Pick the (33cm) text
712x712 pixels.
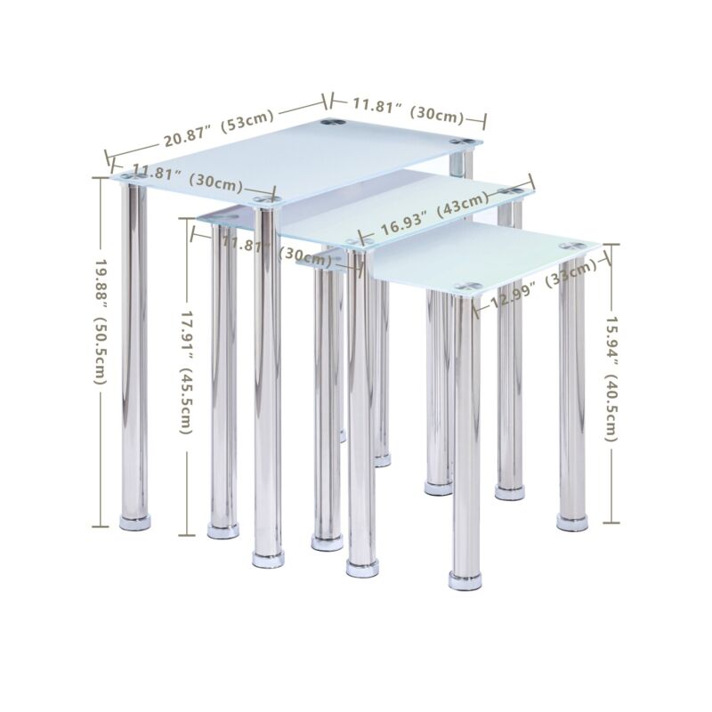pyautogui.click(x=571, y=272)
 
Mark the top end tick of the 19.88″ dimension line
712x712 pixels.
pyautogui.click(x=101, y=177)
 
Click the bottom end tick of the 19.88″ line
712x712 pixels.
pyautogui.click(x=101, y=526)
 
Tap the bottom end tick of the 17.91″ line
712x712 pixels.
pyautogui.click(x=187, y=536)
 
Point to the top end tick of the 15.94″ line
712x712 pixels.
pyautogui.click(x=611, y=245)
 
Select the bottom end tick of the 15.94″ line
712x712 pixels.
pyautogui.click(x=611, y=522)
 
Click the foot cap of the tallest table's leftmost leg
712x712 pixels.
pyautogui.click(x=135, y=522)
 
